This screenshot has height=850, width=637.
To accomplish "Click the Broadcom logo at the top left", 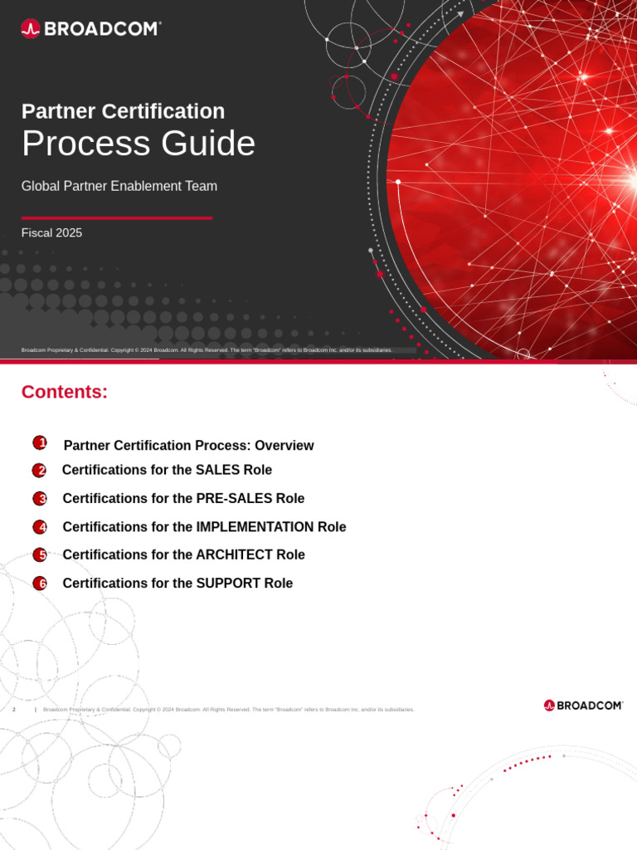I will point(90,29).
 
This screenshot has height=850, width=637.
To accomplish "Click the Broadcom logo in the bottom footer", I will point(583,706).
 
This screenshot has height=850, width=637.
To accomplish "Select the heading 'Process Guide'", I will point(139,144).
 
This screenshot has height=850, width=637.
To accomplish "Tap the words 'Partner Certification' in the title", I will point(123,111).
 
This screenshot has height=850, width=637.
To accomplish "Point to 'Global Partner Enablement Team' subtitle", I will point(119,186).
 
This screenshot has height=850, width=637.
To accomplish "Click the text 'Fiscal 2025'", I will point(51,233).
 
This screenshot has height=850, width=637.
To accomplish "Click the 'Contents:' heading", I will point(65,392).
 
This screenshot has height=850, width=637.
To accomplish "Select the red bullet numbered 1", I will point(40,443).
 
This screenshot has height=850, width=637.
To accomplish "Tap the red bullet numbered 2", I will point(40,471).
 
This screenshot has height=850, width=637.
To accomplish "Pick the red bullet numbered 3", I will point(40,499).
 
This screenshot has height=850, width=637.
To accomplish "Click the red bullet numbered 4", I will point(40,527).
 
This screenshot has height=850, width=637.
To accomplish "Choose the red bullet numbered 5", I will point(40,554).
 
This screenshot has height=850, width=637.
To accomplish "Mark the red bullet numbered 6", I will point(40,583).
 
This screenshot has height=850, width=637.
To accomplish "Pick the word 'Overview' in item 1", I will point(284,446).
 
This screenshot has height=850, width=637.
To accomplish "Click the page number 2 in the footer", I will point(14,710).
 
